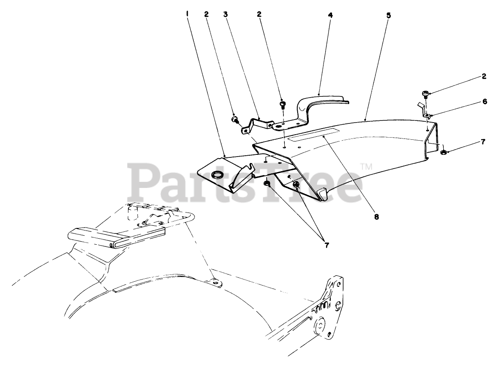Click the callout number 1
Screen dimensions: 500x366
pos(187,13)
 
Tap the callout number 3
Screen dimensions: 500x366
pos(225,14)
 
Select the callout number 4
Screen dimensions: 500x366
pos(330,15)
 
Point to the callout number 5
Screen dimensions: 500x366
pos(388,15)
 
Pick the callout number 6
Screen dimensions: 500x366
pos(484,102)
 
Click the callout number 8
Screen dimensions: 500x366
pos(376,217)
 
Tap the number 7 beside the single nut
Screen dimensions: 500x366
pos(483,142)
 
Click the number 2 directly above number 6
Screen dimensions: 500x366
pos(484,76)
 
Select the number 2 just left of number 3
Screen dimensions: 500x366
pos(207,14)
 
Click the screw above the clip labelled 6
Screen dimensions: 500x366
pos(425,93)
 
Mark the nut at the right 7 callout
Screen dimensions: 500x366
pos(444,151)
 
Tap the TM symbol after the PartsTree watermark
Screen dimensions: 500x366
pos(366,166)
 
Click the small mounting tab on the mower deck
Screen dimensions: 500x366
pos(216,283)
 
